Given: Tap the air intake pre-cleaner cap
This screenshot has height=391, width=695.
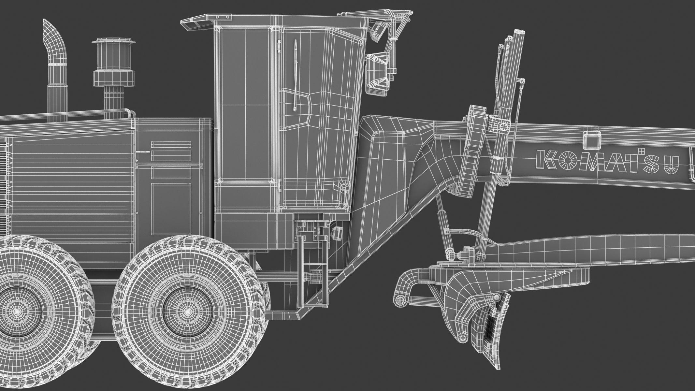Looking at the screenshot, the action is click(x=113, y=42).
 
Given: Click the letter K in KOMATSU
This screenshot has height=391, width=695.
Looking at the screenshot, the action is click(x=545, y=159).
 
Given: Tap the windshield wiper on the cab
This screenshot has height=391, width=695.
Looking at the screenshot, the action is click(x=295, y=75).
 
